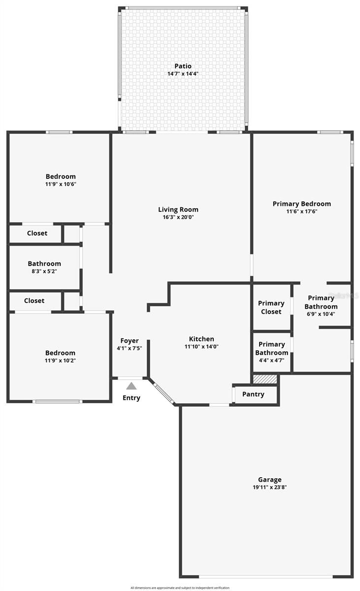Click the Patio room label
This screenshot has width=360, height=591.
pyautogui.click(x=183, y=66)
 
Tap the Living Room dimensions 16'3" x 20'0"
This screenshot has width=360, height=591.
pyautogui.click(x=181, y=217)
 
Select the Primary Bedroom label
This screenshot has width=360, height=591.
pyautogui.click(x=301, y=203)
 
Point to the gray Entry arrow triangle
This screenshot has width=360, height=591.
pyautogui.click(x=131, y=386)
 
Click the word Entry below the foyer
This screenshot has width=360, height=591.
pyautogui.click(x=131, y=398)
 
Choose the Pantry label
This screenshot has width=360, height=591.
pyautogui.click(x=253, y=394)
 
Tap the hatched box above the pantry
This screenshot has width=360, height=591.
pyautogui.click(x=265, y=379)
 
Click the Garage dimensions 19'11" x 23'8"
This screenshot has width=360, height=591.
pyautogui.click(x=269, y=487)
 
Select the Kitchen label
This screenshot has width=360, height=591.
pyautogui.click(x=201, y=339)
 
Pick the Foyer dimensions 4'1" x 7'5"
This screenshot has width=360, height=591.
pyautogui.click(x=130, y=348)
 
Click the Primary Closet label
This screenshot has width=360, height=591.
pyautogui.click(x=271, y=307)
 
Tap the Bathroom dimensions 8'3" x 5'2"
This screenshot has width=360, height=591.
pyautogui.click(x=44, y=271)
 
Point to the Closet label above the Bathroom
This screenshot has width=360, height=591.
pyautogui.click(x=37, y=233)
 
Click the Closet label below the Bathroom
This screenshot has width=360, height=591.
pyautogui.click(x=34, y=300)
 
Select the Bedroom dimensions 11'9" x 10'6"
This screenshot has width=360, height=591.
pyautogui.click(x=61, y=184)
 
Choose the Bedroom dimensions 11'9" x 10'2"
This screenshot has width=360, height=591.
pyautogui.click(x=60, y=361)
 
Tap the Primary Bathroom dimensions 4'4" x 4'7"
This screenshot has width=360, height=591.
pyautogui.click(x=272, y=360)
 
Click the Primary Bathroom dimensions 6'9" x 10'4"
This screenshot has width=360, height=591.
pyautogui.click(x=321, y=314)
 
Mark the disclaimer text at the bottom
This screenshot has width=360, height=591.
pyautogui.click(x=180, y=588)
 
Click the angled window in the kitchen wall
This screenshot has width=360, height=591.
pyautogui.click(x=162, y=393)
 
